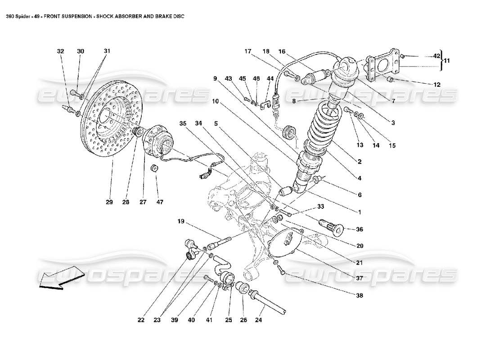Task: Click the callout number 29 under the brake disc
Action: pos(109,202)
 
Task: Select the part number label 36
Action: pos(359,229)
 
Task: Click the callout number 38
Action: pos(359,296)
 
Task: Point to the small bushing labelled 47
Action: pos(154,169)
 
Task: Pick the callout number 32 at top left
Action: pos(60,51)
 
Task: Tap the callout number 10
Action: pos(216,102)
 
